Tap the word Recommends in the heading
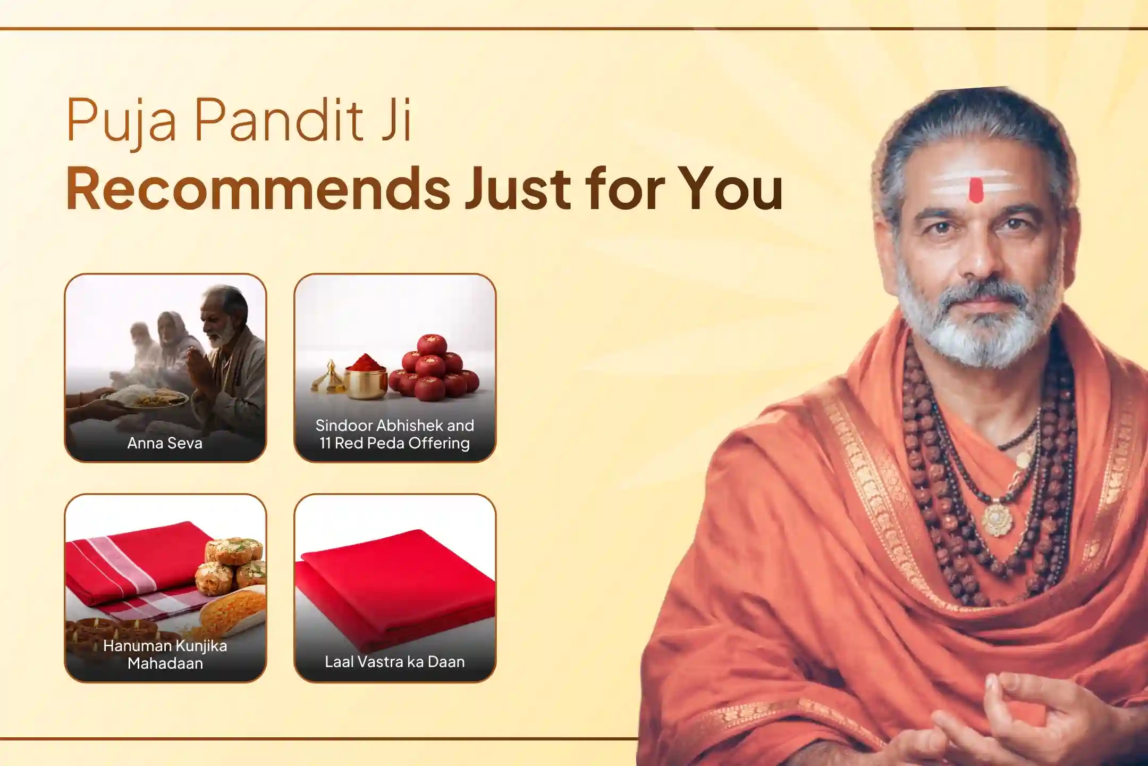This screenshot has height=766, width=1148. (x=258, y=189)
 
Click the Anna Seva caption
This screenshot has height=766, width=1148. (x=165, y=443)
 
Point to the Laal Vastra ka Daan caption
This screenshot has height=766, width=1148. (x=394, y=662)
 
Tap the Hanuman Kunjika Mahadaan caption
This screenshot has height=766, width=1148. (x=165, y=654)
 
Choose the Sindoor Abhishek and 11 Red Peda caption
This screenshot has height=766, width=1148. (x=394, y=434)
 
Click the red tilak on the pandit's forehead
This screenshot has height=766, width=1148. (x=976, y=190)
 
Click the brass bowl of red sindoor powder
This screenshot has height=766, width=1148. (x=366, y=378)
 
